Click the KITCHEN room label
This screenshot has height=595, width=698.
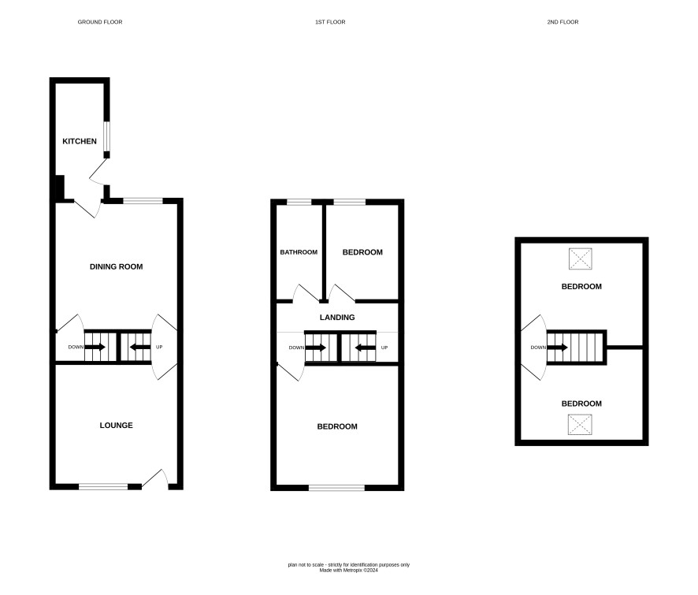coord(80,141)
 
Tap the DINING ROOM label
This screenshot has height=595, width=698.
coord(116,267)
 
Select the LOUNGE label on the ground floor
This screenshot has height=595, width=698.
coord(116,426)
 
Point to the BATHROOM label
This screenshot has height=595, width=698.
coord(299,252)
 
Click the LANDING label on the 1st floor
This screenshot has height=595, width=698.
coord(337,318)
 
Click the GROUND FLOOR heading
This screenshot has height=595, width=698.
coord(100,22)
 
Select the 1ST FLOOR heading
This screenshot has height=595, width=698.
coord(330,22)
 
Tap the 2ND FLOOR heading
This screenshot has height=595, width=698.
coord(562,22)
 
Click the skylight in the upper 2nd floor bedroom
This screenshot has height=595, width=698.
coord(581,258)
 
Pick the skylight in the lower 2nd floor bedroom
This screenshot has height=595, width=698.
coord(580,425)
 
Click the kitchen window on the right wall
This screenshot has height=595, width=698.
coord(107,136)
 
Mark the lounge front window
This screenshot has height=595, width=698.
coord(103,487)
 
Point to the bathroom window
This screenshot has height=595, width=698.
coord(299,203)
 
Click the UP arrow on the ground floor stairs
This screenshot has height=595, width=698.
coord(139,347)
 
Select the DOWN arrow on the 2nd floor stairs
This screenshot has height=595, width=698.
coord(557,348)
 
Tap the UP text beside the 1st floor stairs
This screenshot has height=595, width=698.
coord(384,348)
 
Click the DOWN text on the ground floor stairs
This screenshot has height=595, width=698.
coord(76,347)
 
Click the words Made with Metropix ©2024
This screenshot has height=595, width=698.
coord(348,570)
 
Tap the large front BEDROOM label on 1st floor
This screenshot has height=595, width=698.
coord(337,426)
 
